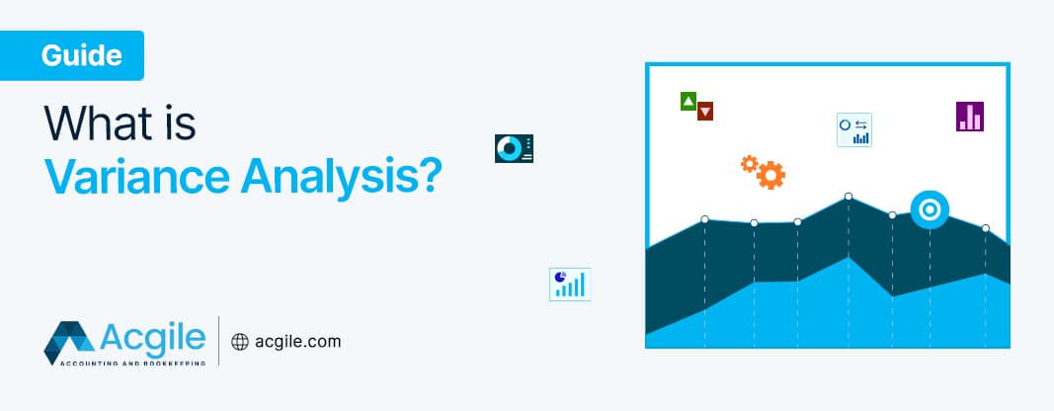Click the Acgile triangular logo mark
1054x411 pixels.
click(x=68, y=342)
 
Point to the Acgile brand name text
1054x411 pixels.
click(x=152, y=338)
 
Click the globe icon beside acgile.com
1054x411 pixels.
click(x=239, y=342)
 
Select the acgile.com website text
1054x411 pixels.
click(x=298, y=342)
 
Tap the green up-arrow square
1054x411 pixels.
click(x=689, y=100)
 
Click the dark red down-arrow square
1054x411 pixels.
click(x=705, y=112)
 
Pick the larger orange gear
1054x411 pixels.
click(x=770, y=176)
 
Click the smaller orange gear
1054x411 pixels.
click(x=749, y=162)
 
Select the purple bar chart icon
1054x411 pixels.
click(x=970, y=117)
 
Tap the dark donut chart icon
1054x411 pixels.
click(x=514, y=148)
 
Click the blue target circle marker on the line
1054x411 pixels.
click(x=930, y=209)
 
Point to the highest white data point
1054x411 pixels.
click(x=849, y=197)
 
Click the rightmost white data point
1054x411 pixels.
click(x=985, y=228)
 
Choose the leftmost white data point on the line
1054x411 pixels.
click(x=704, y=219)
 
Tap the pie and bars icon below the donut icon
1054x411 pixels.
click(x=569, y=284)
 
